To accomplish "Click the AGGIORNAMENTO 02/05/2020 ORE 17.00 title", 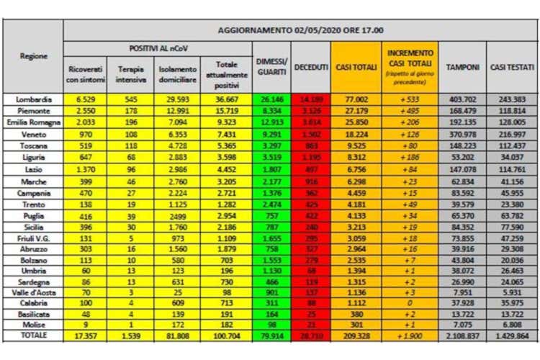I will pos(300,30).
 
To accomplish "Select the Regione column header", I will pos(34,55).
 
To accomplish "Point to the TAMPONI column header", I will pos(462,67).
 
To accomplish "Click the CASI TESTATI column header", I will pos(512,67).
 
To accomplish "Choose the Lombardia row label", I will pos(34,99).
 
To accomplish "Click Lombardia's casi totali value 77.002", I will pos(362,99).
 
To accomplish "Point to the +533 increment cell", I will pos(412,99).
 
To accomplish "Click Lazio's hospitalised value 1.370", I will pos(85,168).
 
